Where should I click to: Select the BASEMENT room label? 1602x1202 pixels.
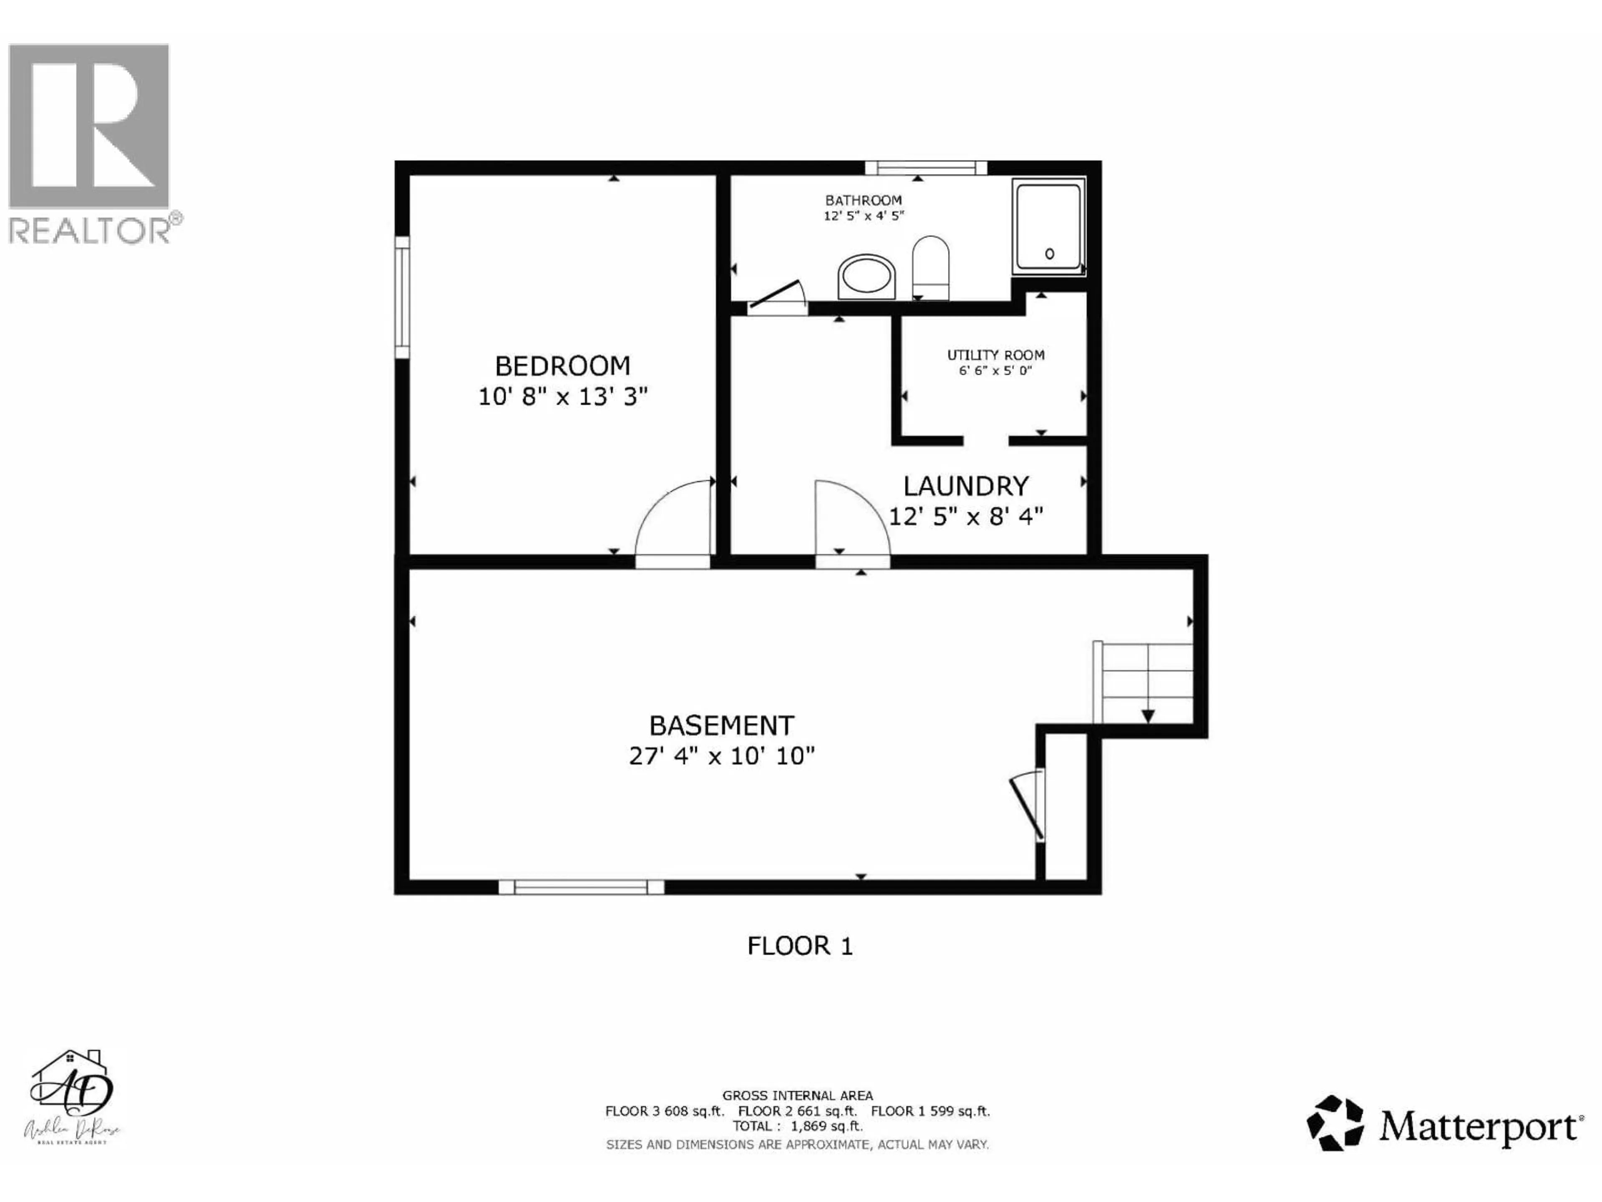tap(721, 725)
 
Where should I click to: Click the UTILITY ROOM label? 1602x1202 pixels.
tap(996, 355)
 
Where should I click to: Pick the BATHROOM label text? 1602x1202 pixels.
tap(863, 200)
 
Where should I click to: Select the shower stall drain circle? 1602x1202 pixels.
tap(1049, 254)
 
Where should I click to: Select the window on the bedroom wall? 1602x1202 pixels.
tap(402, 297)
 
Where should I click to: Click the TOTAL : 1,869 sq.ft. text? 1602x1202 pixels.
tap(797, 1126)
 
